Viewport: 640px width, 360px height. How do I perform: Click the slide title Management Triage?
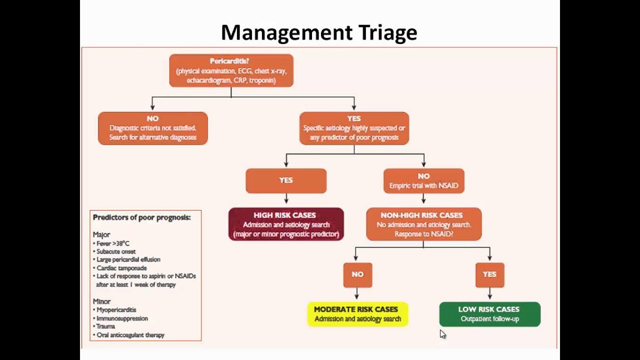(x=319, y=33)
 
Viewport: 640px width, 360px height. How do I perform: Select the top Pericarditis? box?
(x=231, y=70)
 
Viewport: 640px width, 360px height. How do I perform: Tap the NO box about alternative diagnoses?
(x=152, y=128)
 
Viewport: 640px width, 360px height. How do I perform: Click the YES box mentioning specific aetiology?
(x=354, y=128)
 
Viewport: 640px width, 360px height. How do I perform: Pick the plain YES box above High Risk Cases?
(x=286, y=180)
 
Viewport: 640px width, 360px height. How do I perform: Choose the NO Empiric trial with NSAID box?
(x=423, y=180)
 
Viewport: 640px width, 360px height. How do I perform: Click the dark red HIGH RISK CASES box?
(x=286, y=224)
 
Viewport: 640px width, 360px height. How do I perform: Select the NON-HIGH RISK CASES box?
(x=423, y=224)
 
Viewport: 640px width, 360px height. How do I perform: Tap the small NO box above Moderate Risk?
(x=357, y=274)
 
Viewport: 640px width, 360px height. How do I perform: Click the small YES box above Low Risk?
(x=489, y=274)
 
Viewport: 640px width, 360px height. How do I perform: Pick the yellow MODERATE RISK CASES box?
(x=357, y=314)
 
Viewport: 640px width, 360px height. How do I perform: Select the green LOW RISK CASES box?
(x=489, y=314)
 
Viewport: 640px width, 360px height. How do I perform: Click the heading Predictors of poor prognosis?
(x=141, y=217)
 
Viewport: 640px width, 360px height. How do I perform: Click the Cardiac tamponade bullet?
(x=121, y=268)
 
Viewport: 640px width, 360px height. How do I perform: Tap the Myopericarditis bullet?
(x=116, y=310)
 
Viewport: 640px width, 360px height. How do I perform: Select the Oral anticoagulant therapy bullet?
(x=130, y=335)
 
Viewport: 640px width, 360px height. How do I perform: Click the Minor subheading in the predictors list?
(x=101, y=301)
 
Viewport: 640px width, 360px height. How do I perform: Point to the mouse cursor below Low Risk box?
(x=442, y=334)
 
